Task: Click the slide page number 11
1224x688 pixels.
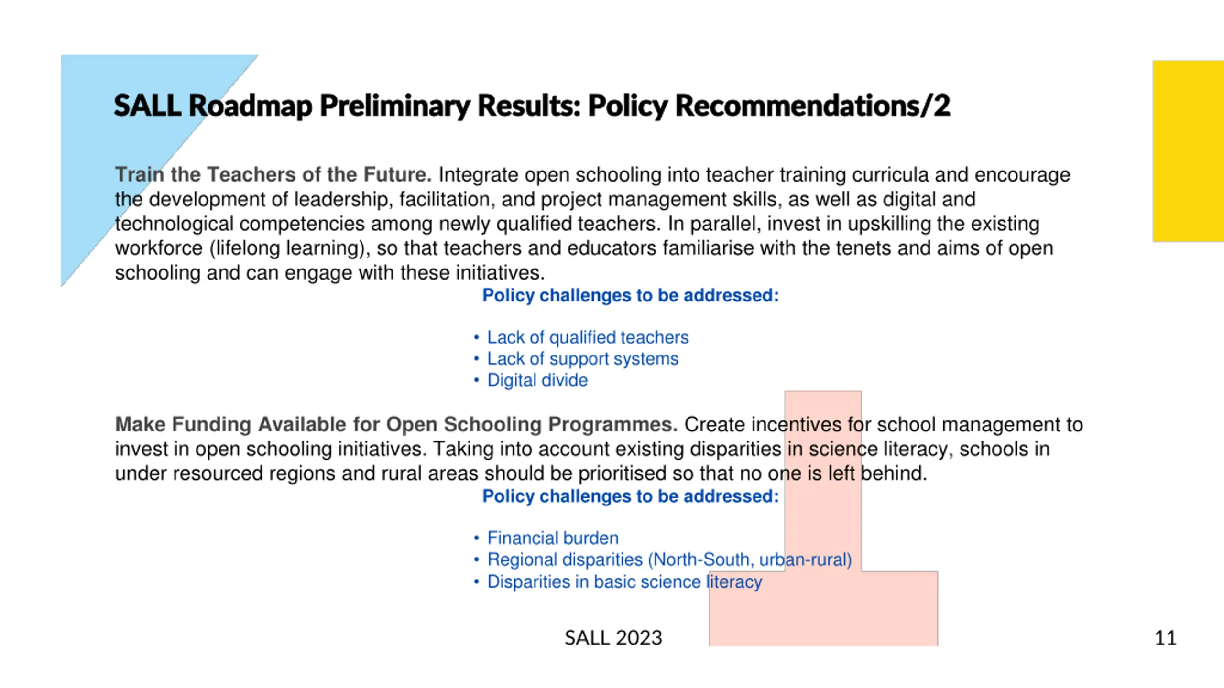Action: (x=1165, y=638)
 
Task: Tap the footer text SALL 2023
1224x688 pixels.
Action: (x=613, y=638)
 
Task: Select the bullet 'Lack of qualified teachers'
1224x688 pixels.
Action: (x=588, y=337)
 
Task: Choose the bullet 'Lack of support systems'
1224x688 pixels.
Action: (x=582, y=359)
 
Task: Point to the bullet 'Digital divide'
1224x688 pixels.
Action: (x=537, y=380)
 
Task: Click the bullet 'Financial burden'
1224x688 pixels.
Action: (x=553, y=538)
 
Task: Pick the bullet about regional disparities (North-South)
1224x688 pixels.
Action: (x=669, y=559)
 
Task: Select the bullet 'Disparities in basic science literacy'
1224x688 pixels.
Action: (x=624, y=582)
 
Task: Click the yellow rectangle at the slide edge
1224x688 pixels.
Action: (x=1188, y=151)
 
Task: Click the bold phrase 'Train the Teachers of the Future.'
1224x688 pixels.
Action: (x=273, y=175)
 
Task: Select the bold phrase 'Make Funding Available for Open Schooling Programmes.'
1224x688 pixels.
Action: (x=396, y=425)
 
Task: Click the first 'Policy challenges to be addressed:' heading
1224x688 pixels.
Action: (x=630, y=296)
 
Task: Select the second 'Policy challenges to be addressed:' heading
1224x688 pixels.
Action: (x=630, y=496)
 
